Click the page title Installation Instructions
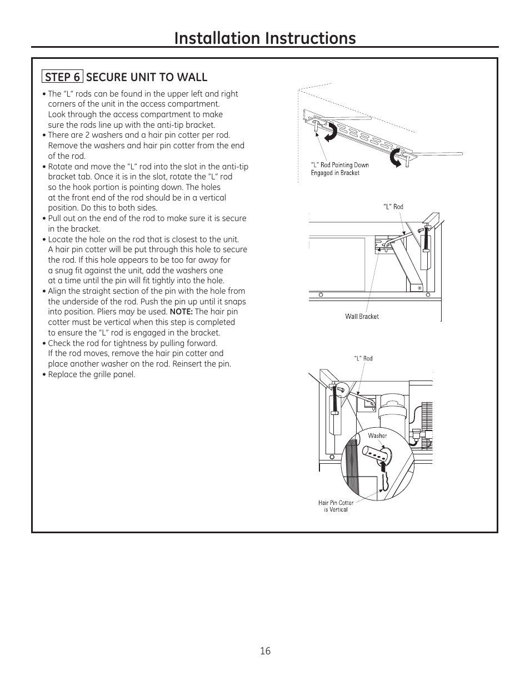264,38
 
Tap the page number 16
265,650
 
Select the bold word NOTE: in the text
181,312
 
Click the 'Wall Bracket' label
362,317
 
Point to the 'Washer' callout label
377,435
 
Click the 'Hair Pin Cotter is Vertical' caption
336,506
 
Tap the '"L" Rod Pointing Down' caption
339,165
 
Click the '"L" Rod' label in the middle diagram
393,207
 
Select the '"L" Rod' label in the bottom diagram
363,358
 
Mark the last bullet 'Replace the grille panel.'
91,374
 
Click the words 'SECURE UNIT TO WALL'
147,77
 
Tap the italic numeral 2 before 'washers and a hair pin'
87,135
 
